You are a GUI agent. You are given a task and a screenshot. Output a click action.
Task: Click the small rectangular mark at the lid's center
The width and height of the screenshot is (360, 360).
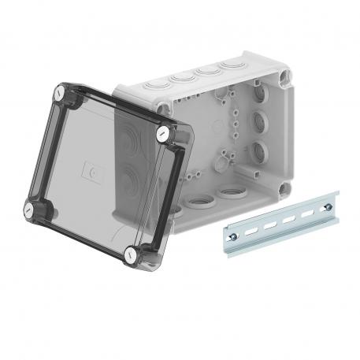[94, 169]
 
